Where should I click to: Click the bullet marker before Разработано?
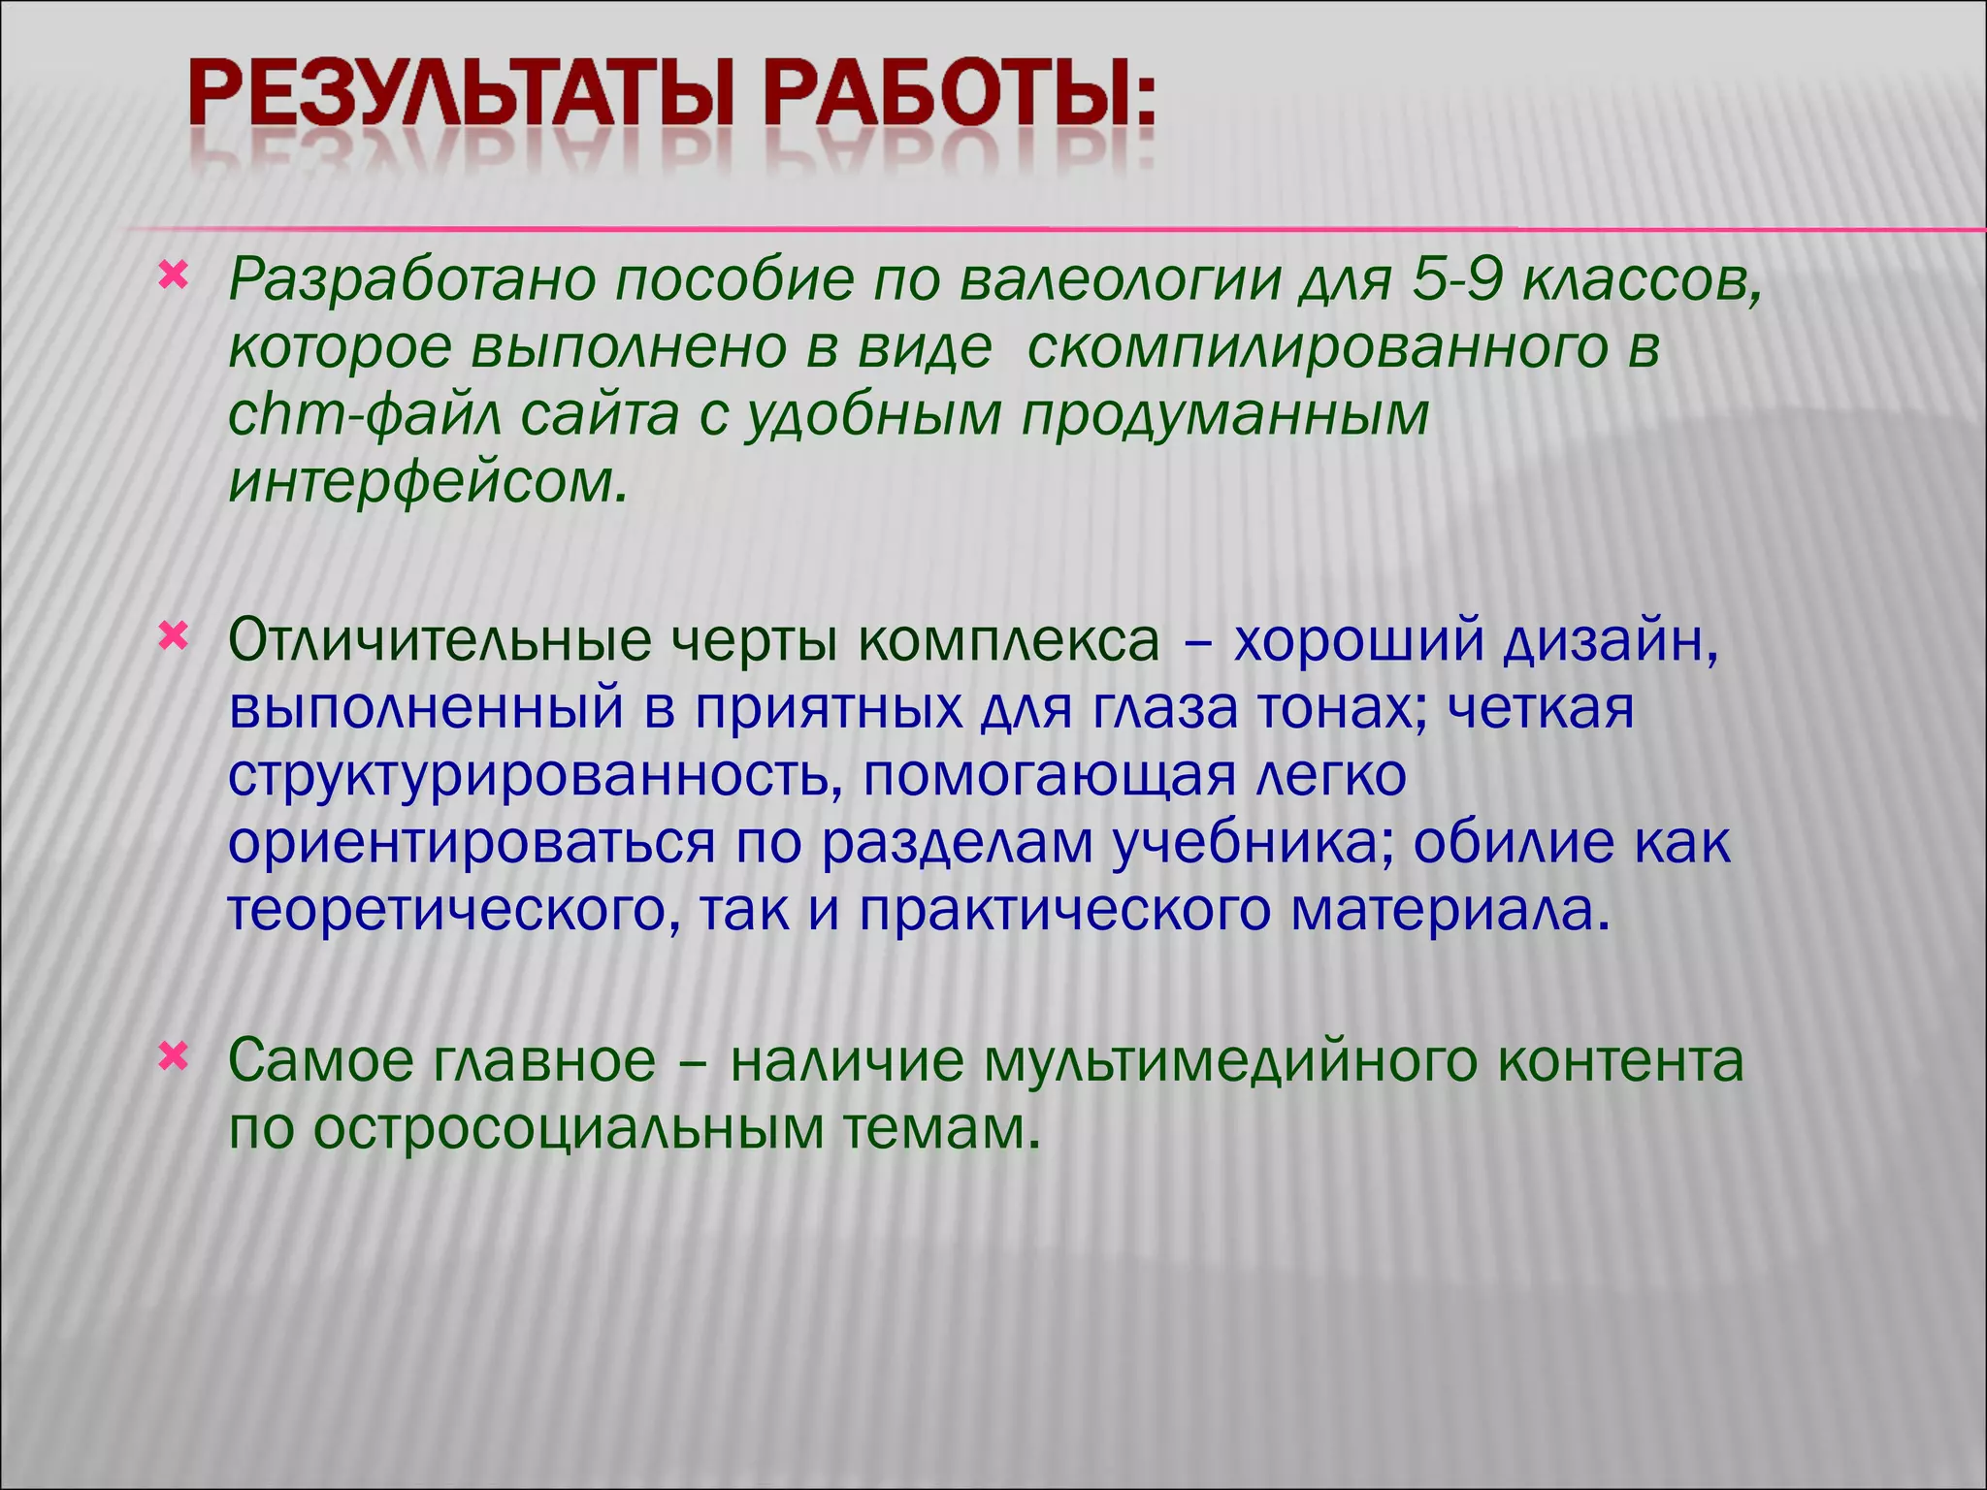(x=173, y=276)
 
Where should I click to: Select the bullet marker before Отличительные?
(x=173, y=637)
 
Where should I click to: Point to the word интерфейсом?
(x=427, y=482)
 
